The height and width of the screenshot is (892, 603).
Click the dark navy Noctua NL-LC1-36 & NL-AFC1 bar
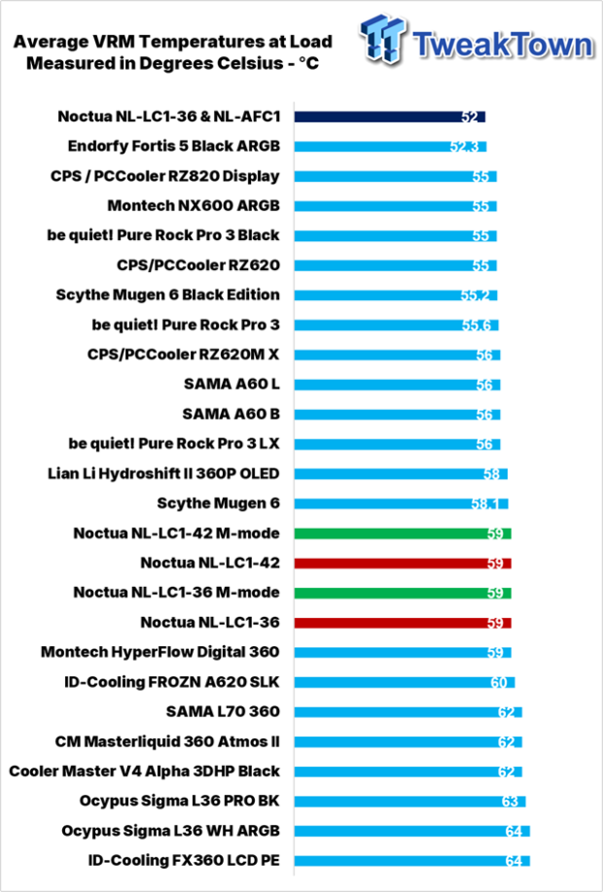click(x=389, y=117)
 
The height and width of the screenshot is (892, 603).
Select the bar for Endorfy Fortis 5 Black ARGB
click(x=390, y=147)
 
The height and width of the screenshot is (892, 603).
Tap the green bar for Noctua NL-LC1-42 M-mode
click(x=403, y=533)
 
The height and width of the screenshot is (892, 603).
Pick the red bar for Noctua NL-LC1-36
click(x=403, y=623)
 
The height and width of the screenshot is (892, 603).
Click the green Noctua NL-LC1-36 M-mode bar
click(x=403, y=593)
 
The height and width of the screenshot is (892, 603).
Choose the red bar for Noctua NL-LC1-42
click(x=403, y=564)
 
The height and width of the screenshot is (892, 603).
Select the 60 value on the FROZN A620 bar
click(x=499, y=682)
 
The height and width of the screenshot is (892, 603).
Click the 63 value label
click(x=510, y=801)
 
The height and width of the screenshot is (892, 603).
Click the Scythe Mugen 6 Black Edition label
click(x=168, y=295)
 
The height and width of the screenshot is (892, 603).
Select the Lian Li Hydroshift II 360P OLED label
click(x=164, y=474)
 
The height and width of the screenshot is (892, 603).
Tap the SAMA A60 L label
click(x=231, y=385)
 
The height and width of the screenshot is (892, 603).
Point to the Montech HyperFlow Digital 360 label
click(x=160, y=652)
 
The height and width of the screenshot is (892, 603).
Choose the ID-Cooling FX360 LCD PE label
click(x=184, y=861)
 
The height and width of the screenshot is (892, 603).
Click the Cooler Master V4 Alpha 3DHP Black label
click(x=145, y=772)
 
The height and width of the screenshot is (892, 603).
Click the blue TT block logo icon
click(x=382, y=41)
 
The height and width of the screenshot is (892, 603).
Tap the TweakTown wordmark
click(x=502, y=45)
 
